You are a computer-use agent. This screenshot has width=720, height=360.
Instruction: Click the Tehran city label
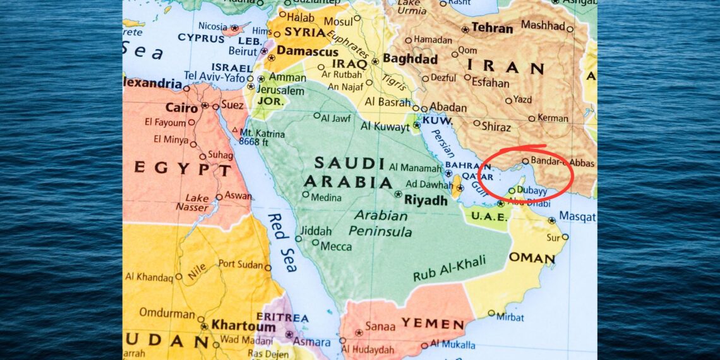pos(492,28)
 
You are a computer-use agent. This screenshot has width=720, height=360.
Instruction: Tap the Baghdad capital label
pos(410,59)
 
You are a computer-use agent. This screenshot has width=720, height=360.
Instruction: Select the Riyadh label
pos(425,200)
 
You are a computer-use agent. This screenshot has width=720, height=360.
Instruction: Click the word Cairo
pos(181,107)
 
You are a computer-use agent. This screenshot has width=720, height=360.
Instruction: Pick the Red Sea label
pos(282,243)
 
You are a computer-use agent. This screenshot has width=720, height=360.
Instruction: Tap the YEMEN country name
pos(433,324)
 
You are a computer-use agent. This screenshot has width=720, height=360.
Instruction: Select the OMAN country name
pos(532,258)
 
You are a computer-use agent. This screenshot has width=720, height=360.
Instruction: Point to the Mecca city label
pos(336,246)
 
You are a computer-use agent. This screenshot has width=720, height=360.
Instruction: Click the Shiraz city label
pos(496,126)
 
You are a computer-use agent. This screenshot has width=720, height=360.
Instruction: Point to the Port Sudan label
pos(241,265)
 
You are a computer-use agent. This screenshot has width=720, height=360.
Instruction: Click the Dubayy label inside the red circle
pos(531,189)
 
